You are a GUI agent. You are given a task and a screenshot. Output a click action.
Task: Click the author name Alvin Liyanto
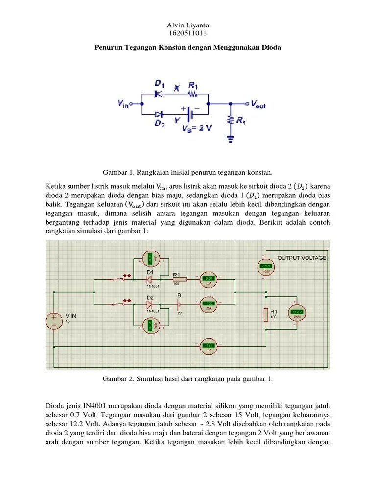coord(188,25)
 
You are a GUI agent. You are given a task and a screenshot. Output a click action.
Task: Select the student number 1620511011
coord(188,34)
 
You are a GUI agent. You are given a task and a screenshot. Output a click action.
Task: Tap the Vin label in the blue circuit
coord(123,103)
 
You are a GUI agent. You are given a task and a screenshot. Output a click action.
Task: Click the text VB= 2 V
coord(197,128)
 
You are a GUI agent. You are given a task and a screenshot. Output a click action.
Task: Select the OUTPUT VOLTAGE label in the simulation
coord(302,258)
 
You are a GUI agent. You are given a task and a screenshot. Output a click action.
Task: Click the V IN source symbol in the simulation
coord(53,320)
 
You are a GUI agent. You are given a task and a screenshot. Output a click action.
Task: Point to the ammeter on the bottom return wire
coord(209,346)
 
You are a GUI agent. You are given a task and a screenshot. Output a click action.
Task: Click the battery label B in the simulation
coord(179,296)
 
